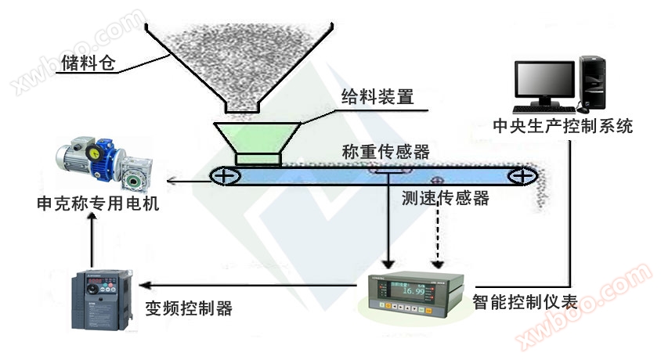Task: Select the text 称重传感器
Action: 385,152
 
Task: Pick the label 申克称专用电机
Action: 98,203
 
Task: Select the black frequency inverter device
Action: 96,298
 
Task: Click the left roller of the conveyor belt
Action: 226,176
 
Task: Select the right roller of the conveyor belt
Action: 519,177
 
